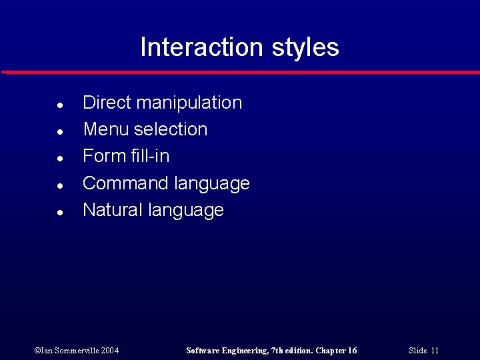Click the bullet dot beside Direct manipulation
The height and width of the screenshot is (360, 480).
(60, 105)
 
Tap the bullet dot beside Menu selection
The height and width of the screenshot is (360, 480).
(60, 132)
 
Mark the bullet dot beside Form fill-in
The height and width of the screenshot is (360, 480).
(60, 159)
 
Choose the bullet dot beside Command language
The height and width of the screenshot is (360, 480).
(60, 185)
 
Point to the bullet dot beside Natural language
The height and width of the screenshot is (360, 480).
(60, 213)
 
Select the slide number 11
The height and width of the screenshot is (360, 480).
(435, 351)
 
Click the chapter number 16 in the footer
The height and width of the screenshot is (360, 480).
(352, 351)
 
